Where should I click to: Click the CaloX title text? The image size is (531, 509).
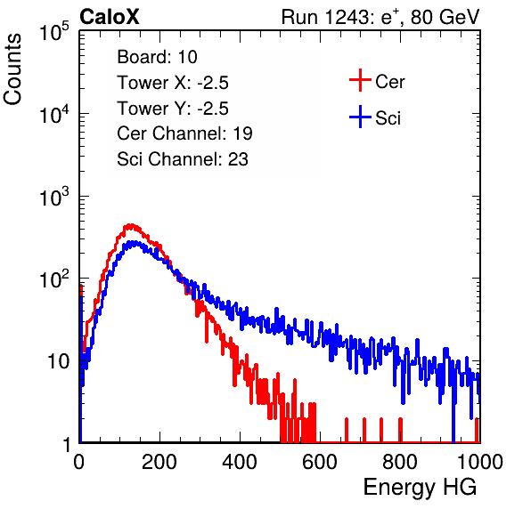(110, 17)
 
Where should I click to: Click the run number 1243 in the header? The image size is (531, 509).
(347, 17)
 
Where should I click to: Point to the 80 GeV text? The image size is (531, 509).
(445, 17)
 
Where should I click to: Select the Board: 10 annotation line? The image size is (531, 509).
(157, 57)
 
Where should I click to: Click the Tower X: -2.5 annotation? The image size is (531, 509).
(173, 83)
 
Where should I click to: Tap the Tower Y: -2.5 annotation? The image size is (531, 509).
(173, 109)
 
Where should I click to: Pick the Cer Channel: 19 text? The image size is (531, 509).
(184, 133)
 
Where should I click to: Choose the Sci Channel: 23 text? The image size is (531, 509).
(183, 159)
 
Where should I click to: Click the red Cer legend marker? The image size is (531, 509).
(360, 80)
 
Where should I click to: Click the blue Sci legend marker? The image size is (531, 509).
(360, 117)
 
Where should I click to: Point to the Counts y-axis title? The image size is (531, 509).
(12, 69)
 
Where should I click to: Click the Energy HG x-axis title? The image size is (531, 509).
(420, 488)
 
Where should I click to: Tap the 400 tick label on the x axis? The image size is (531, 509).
(240, 462)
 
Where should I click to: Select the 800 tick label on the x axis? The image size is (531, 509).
(400, 462)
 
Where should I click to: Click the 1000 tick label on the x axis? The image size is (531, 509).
(480, 462)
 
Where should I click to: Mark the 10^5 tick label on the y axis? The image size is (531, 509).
(54, 31)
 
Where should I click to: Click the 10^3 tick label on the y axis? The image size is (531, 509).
(54, 196)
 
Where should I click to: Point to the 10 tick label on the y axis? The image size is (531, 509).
(59, 361)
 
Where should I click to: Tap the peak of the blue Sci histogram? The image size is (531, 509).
(135, 243)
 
